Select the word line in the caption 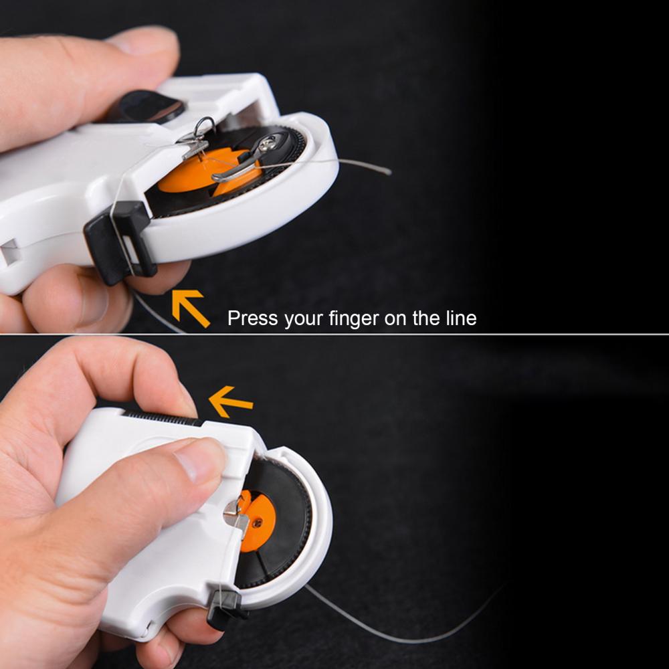[461, 318]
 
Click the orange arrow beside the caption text [190, 307]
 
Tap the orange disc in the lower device [255, 521]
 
